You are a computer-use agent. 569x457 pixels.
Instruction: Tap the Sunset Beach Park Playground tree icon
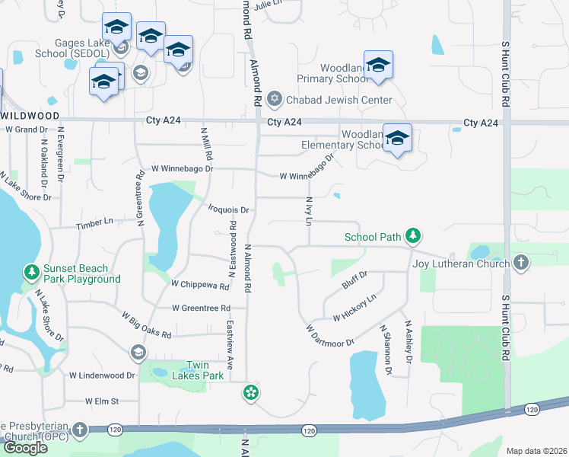tap(31, 272)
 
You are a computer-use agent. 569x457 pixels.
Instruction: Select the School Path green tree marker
tap(413, 236)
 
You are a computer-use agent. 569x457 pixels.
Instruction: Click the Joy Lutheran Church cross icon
tap(521, 264)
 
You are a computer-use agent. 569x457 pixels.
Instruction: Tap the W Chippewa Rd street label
tap(200, 286)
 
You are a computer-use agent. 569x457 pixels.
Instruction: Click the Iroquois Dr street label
tap(229, 209)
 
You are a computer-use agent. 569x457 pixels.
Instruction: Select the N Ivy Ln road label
tap(310, 210)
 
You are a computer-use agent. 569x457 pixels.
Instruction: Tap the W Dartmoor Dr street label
tap(330, 335)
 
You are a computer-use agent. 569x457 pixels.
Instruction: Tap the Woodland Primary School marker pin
tap(378, 66)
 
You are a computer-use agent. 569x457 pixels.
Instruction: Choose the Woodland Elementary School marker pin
tap(397, 139)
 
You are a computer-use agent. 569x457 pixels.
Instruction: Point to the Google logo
tap(25, 447)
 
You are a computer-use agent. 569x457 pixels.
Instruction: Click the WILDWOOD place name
tap(30, 115)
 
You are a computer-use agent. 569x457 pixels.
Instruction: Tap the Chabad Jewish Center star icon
tap(274, 99)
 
